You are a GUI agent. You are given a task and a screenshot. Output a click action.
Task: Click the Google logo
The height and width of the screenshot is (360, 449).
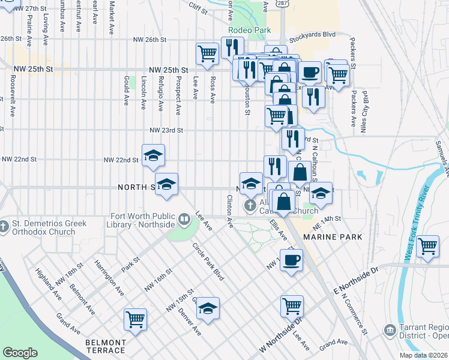[20, 353]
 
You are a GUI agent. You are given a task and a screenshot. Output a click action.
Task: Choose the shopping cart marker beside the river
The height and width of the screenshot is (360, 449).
[427, 245]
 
